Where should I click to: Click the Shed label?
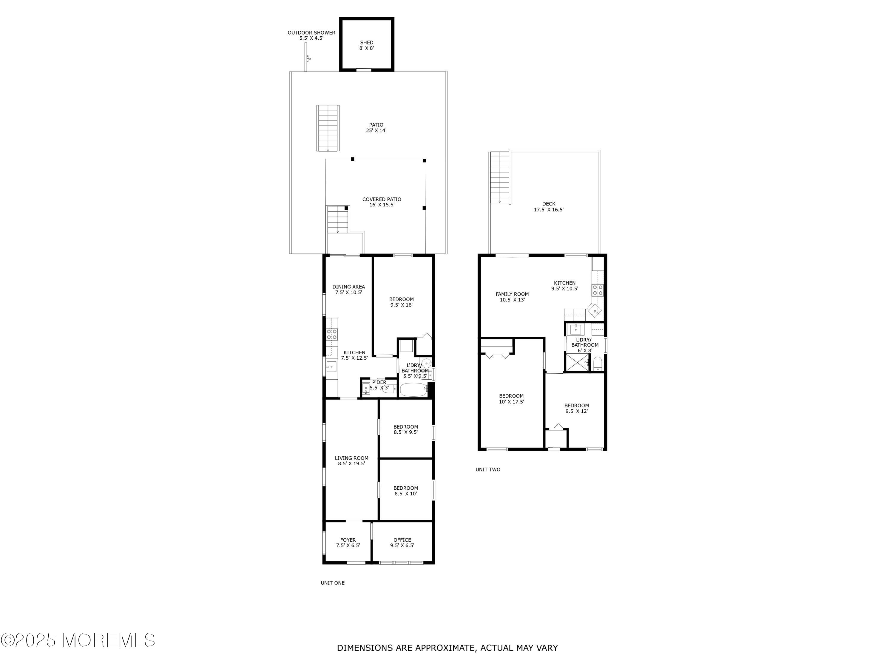pos(367,45)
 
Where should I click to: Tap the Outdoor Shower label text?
pos(311,35)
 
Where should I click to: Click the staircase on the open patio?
pos(328,128)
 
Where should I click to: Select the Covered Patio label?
pos(382,202)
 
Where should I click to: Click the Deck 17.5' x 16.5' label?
pos(549,207)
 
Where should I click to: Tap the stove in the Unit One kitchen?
pos(332,334)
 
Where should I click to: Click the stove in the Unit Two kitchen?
pos(598,290)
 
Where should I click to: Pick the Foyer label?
pos(348,542)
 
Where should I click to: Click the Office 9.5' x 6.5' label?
pos(402,542)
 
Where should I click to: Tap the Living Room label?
pos(352,461)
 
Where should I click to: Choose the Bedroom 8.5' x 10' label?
pos(406,491)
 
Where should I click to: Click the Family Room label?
pos(512,297)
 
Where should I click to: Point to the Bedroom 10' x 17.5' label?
pos(511,399)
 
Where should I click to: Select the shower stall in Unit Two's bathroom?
pos(577,362)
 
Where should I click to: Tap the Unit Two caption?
pos(488,470)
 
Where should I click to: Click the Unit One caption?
pos(333,583)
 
